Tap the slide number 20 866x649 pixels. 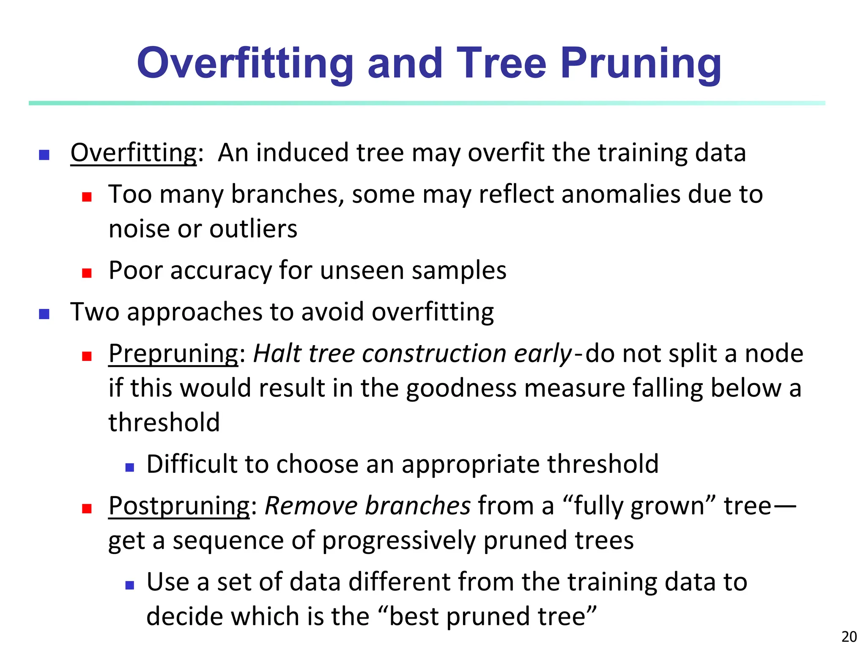pos(849,636)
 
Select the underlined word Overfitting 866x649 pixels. pos(134,153)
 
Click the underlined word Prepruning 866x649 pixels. pos(173,354)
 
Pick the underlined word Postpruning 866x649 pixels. pos(179,506)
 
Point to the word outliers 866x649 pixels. pos(253,229)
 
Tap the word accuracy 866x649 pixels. pos(221,270)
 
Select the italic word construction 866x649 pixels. pos(434,354)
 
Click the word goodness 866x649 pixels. pos(461,388)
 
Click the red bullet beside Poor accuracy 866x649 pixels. pos(87,273)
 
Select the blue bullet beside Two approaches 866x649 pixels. pos(44,314)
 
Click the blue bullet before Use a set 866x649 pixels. pos(129,585)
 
